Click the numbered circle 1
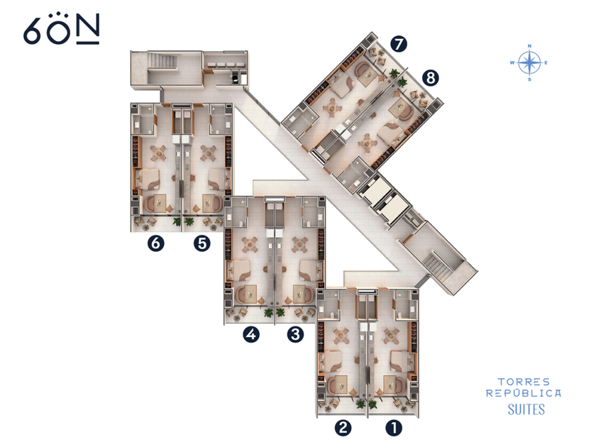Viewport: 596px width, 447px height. click(394, 428)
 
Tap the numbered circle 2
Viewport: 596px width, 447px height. click(343, 428)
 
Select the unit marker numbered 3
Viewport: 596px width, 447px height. click(295, 334)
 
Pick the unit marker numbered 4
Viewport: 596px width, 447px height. click(251, 334)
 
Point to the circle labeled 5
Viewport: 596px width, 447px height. click(202, 243)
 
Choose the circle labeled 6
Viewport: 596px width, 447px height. click(156, 243)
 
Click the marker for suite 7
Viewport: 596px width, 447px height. click(398, 44)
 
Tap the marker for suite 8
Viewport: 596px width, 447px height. click(430, 78)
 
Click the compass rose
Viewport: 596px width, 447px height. click(529, 62)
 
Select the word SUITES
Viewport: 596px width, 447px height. click(526, 409)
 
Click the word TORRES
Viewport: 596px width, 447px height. click(524, 382)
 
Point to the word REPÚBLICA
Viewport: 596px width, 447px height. click(524, 392)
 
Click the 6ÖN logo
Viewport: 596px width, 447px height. click(62, 29)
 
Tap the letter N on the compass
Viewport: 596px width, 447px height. click(529, 46)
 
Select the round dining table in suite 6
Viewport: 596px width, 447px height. click(158, 153)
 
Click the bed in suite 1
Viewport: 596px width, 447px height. click(400, 361)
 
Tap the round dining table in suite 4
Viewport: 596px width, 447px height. click(250, 245)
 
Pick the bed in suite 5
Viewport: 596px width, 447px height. click(219, 179)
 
